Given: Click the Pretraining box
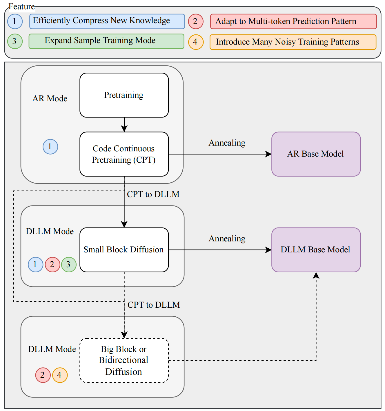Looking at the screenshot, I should coord(124,95).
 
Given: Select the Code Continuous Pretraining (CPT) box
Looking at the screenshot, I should coord(124,154).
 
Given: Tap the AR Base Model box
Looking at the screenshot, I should coord(316,154).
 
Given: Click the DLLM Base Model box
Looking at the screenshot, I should coord(316,249).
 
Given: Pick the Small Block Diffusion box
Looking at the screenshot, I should coord(124,249).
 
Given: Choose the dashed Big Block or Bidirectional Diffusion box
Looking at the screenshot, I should coord(124,360).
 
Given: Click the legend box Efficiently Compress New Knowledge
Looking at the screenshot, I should coord(107,21).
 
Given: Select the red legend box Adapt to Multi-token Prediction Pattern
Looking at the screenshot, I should coord(293,21).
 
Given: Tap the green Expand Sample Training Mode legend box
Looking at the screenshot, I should coord(106,41).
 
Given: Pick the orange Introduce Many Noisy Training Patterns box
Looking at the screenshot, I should coord(293,42).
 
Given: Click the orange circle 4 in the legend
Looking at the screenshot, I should coord(196,42).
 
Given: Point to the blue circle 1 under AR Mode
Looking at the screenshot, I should coord(50,147).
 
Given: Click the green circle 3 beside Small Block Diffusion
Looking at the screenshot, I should coord(69,265).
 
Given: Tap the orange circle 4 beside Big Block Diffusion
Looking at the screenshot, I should coord(60,375).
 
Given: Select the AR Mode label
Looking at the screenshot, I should coord(50,99).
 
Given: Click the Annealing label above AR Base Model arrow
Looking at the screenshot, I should coord(227,143).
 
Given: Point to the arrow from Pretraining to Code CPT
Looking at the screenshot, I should coord(124,125).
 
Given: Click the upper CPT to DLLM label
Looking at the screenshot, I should coord(153,194).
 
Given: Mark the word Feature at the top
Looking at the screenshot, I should coord(22,6).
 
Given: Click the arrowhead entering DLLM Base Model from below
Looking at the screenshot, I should coord(316,275).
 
